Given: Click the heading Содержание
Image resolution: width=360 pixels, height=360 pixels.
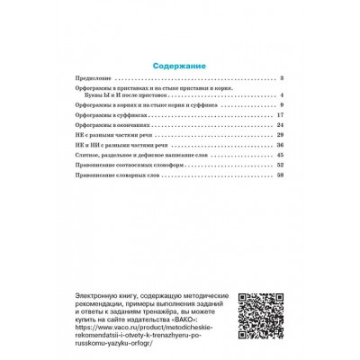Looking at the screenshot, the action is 180,66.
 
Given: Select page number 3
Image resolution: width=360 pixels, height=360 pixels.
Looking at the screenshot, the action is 282,79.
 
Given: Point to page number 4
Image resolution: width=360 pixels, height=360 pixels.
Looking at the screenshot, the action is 282,95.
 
